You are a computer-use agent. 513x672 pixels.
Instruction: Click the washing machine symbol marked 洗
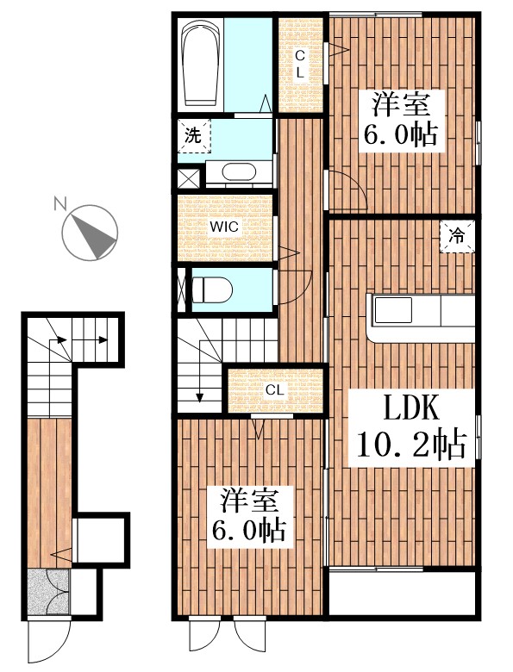(x=194, y=135)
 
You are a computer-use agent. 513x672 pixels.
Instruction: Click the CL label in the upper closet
(x=300, y=65)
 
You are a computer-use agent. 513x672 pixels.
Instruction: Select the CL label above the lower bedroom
(x=275, y=390)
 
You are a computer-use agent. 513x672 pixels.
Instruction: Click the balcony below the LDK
(x=403, y=594)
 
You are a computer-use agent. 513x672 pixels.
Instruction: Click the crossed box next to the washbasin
(x=189, y=179)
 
